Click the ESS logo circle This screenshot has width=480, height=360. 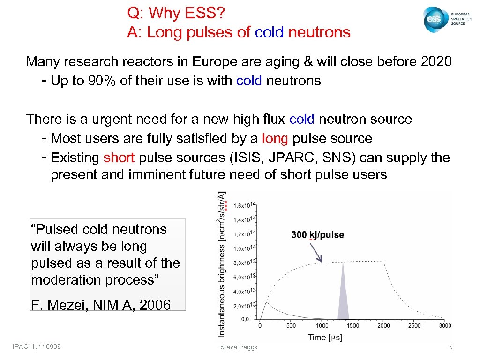(x=434, y=20)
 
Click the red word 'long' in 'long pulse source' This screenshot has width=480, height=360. (x=275, y=138)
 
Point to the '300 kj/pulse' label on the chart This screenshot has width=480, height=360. (x=317, y=235)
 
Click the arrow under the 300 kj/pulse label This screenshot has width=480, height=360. (x=317, y=253)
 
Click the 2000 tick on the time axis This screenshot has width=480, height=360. (x=383, y=326)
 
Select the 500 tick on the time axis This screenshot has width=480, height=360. (x=291, y=326)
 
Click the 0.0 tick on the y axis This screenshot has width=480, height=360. (x=245, y=319)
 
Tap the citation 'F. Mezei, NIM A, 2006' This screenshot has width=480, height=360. (x=100, y=305)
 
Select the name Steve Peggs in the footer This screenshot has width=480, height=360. (x=239, y=347)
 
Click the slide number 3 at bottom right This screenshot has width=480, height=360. (x=450, y=347)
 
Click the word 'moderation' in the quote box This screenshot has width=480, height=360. (x=67, y=280)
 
